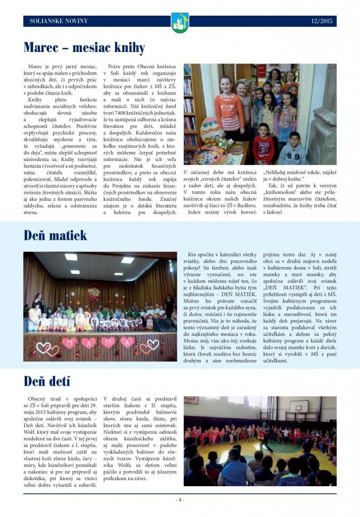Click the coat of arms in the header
tap(180, 23)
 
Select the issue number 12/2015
tap(322, 21)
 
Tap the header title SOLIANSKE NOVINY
tap(59, 21)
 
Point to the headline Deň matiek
tap(56, 235)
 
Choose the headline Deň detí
tap(47, 381)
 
